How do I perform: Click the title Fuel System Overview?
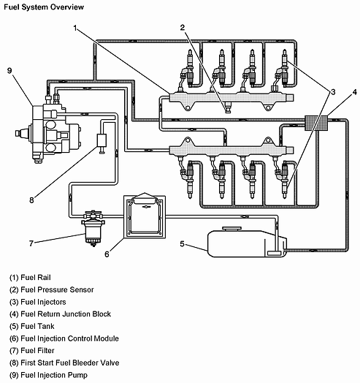44,7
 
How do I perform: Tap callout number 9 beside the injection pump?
9,71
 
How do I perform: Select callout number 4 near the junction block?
355,92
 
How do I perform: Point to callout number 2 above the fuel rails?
183,28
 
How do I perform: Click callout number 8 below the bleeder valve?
31,200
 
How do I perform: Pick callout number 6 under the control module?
107,254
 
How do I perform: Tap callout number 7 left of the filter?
31,243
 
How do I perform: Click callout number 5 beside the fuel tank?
182,244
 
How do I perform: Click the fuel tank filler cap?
231,229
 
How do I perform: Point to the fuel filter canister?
93,230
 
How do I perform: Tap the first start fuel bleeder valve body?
102,140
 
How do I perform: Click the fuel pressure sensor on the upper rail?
228,107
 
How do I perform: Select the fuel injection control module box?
145,216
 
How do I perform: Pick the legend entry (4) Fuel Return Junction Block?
60,314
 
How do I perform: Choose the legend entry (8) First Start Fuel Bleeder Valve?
64,363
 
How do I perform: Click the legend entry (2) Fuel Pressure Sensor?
52,289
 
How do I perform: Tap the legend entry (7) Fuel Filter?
31,351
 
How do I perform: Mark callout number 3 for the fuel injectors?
333,92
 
